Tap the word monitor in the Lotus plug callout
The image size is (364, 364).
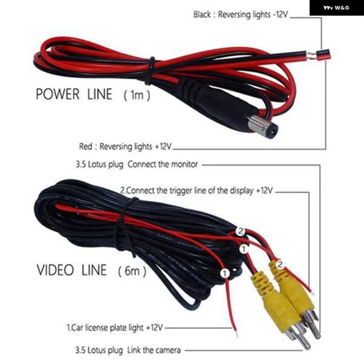tap(184, 164)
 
